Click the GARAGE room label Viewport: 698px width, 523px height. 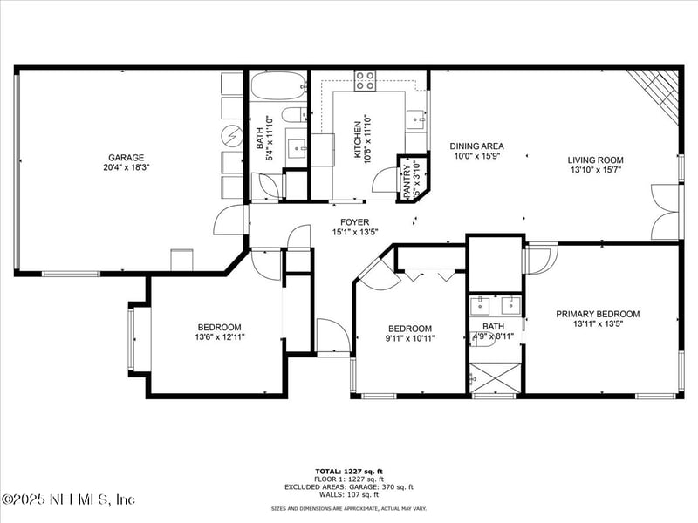pos(127,158)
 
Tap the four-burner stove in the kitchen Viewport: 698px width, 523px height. pos(366,81)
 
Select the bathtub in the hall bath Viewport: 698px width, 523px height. pos(277,86)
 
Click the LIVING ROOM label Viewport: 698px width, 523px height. pos(595,160)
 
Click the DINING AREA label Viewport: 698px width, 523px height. pos(476,146)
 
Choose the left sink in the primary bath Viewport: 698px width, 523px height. pos(480,306)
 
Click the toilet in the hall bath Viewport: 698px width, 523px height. pos(295,114)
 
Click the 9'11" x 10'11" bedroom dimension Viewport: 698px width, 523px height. pos(409,338)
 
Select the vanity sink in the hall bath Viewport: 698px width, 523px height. pos(296,145)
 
